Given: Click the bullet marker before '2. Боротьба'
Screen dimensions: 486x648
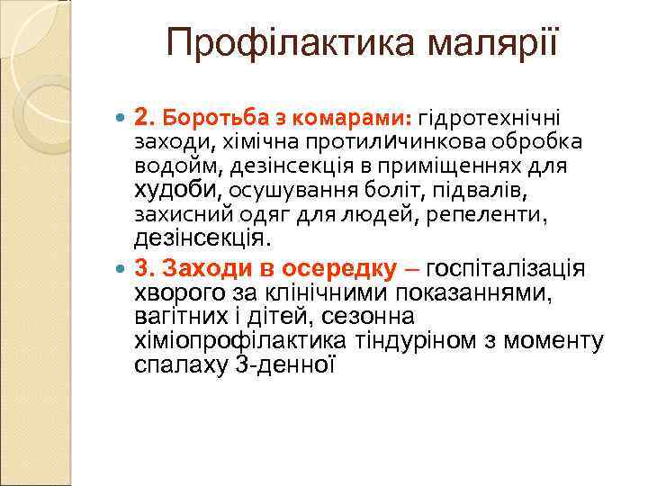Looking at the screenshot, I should point(123,118).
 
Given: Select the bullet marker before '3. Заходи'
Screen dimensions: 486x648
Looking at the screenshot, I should point(123,268).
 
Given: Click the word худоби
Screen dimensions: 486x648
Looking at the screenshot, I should point(177,191).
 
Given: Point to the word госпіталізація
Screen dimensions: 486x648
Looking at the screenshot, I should point(506,268).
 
